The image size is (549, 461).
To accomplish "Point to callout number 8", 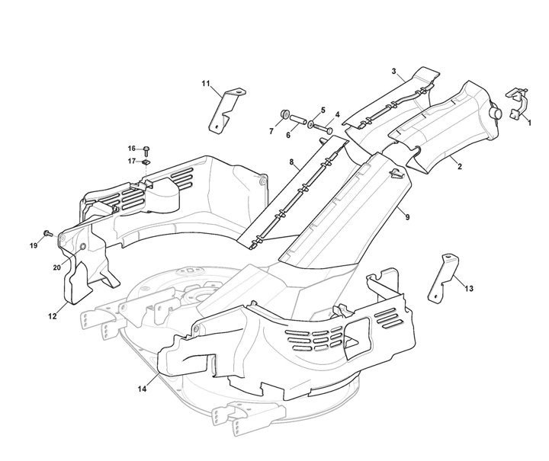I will click(291, 162).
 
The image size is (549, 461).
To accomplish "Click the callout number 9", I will click(408, 217).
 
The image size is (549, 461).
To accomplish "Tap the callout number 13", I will click(468, 288).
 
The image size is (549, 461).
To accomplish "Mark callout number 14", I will click(142, 389).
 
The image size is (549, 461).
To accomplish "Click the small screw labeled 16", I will click(146, 149).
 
